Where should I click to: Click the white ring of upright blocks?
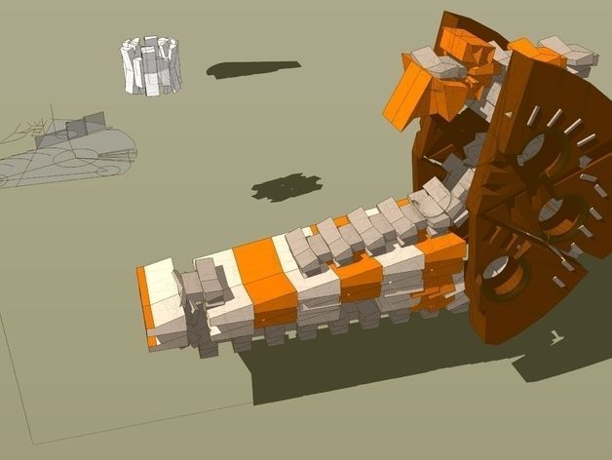[151, 66]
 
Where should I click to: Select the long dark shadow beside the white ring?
[252, 70]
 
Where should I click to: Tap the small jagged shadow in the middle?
[286, 186]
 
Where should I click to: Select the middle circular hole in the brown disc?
[556, 216]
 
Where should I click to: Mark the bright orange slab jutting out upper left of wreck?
[404, 97]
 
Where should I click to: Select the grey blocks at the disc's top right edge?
[571, 56]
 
